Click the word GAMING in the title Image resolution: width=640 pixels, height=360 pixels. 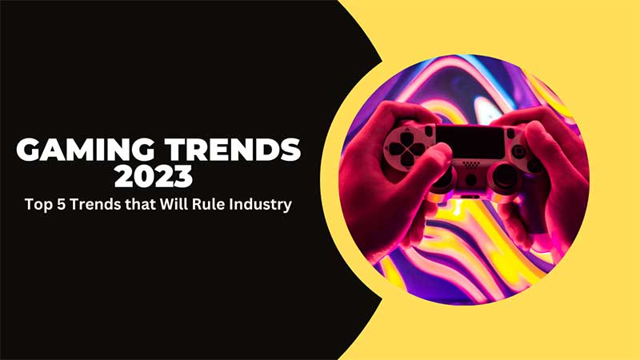point(86,150)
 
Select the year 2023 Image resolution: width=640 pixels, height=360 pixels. point(154,176)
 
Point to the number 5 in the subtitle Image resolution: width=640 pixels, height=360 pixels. point(61,204)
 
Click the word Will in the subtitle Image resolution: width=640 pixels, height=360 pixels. point(174,204)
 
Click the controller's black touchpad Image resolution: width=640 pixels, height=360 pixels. point(470,142)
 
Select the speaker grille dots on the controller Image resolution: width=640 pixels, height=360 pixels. point(470,164)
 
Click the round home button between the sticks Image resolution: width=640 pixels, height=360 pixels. point(470,179)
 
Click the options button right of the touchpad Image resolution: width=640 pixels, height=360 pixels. point(510,134)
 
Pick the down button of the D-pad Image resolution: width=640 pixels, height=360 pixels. point(406,159)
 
